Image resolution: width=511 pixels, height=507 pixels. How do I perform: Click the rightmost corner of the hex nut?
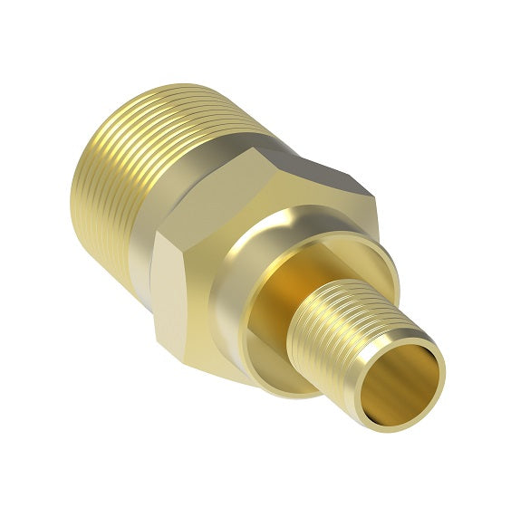tap(372, 195)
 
